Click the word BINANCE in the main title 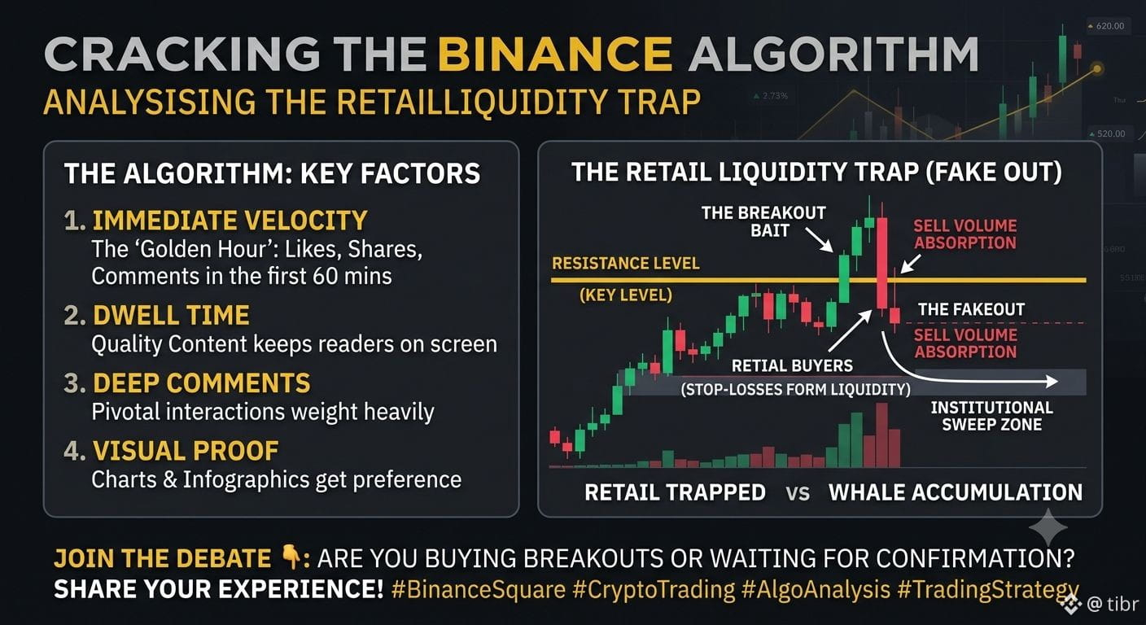[x=555, y=55]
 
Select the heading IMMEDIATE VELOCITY [x=230, y=221]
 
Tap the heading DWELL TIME [x=171, y=315]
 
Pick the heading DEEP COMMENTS [x=202, y=383]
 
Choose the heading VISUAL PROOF [x=186, y=451]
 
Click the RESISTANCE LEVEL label [x=626, y=264]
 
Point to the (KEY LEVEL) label [x=626, y=295]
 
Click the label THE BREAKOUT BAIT [x=763, y=221]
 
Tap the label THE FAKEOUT [x=971, y=309]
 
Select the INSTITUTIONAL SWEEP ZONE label [x=992, y=416]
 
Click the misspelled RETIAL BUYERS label [x=792, y=365]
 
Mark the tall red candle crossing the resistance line [x=882, y=264]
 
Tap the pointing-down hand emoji [x=291, y=557]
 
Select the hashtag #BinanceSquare [x=479, y=590]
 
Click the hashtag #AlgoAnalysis [x=816, y=590]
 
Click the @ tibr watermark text [x=1113, y=605]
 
